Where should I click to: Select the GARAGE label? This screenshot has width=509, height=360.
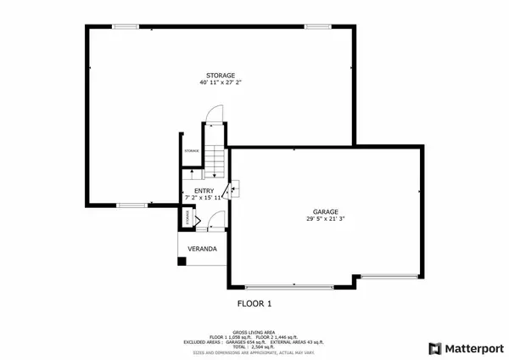coord(326,211)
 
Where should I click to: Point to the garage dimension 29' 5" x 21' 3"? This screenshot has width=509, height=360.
coord(326,219)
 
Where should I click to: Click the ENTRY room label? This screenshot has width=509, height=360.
coord(204,191)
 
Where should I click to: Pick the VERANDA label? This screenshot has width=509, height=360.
coord(202,249)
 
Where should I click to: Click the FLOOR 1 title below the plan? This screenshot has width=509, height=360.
coord(254,303)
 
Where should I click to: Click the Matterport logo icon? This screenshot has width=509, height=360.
coord(435,347)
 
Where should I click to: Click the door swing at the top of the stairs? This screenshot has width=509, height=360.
coord(215,113)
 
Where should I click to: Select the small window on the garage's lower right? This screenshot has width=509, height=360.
coord(389,276)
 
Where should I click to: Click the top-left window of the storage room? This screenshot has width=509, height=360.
coord(125,26)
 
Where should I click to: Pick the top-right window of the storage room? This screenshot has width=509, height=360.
coord(318,26)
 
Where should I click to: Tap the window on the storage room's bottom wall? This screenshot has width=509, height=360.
coord(130,205)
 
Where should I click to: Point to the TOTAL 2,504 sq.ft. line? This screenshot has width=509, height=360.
coord(254,346)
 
